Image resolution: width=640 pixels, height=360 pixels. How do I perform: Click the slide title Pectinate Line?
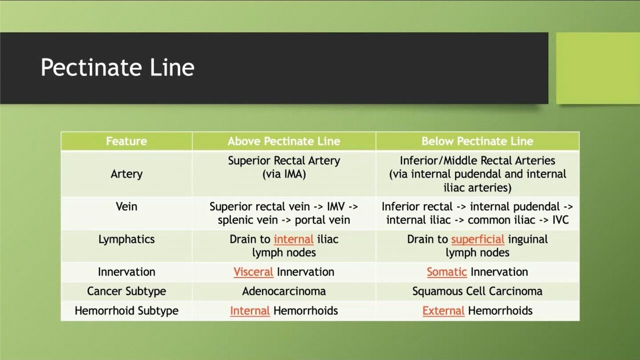tap(117, 67)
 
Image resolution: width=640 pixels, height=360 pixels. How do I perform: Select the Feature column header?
tap(126, 141)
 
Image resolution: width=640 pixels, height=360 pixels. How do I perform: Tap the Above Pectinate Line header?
tap(283, 141)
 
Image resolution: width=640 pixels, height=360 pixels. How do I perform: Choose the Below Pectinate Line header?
tap(477, 141)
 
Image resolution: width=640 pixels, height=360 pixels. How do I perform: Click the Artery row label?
tap(126, 174)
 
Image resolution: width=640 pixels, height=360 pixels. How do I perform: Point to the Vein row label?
tap(126, 206)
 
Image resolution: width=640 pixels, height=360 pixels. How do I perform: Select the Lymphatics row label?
tap(126, 239)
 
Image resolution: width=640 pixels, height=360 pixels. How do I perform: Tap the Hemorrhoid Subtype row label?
tap(126, 310)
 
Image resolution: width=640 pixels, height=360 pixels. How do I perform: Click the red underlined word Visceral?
tap(253, 272)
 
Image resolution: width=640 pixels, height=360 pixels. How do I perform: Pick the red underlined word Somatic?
tap(446, 272)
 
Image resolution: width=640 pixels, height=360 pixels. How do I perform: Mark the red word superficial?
tap(477, 239)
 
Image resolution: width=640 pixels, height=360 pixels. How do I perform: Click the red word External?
tap(443, 310)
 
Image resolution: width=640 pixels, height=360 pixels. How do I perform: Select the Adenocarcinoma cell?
tap(283, 291)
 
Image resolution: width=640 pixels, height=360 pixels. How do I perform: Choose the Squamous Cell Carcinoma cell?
tap(477, 291)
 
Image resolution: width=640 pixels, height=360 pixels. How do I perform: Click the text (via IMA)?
tap(283, 174)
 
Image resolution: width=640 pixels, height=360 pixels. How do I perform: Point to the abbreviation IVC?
tap(560, 220)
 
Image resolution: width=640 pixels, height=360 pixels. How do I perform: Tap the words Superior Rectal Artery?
tap(283, 161)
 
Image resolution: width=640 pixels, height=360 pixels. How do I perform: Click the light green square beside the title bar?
tap(597, 68)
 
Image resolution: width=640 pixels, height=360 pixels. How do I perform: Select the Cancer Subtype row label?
tap(126, 291)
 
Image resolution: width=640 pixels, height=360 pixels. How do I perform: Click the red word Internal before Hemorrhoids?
tap(249, 310)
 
